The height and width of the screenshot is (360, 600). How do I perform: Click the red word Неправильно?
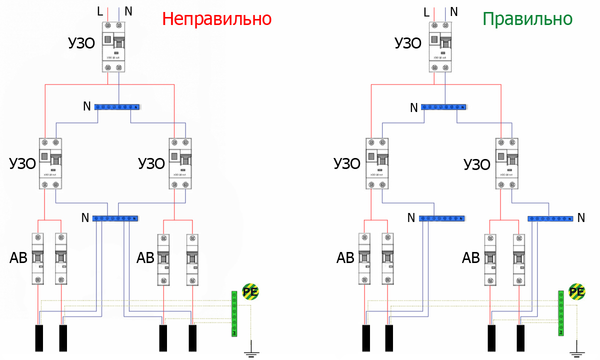pos(217,19)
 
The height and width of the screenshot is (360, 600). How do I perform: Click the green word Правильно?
pos(527,19)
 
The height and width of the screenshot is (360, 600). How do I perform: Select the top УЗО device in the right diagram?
pos(439,47)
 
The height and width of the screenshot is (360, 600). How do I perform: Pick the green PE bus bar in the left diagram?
pos(233,313)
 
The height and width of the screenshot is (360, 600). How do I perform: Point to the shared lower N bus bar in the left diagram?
pos(116,218)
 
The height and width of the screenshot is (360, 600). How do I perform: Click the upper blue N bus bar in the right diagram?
pos(444,106)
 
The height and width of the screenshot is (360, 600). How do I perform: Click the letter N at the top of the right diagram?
pos(454,11)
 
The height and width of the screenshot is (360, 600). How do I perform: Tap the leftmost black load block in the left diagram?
pos(39,338)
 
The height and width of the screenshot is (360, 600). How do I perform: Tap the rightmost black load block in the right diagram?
pos(520,338)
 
